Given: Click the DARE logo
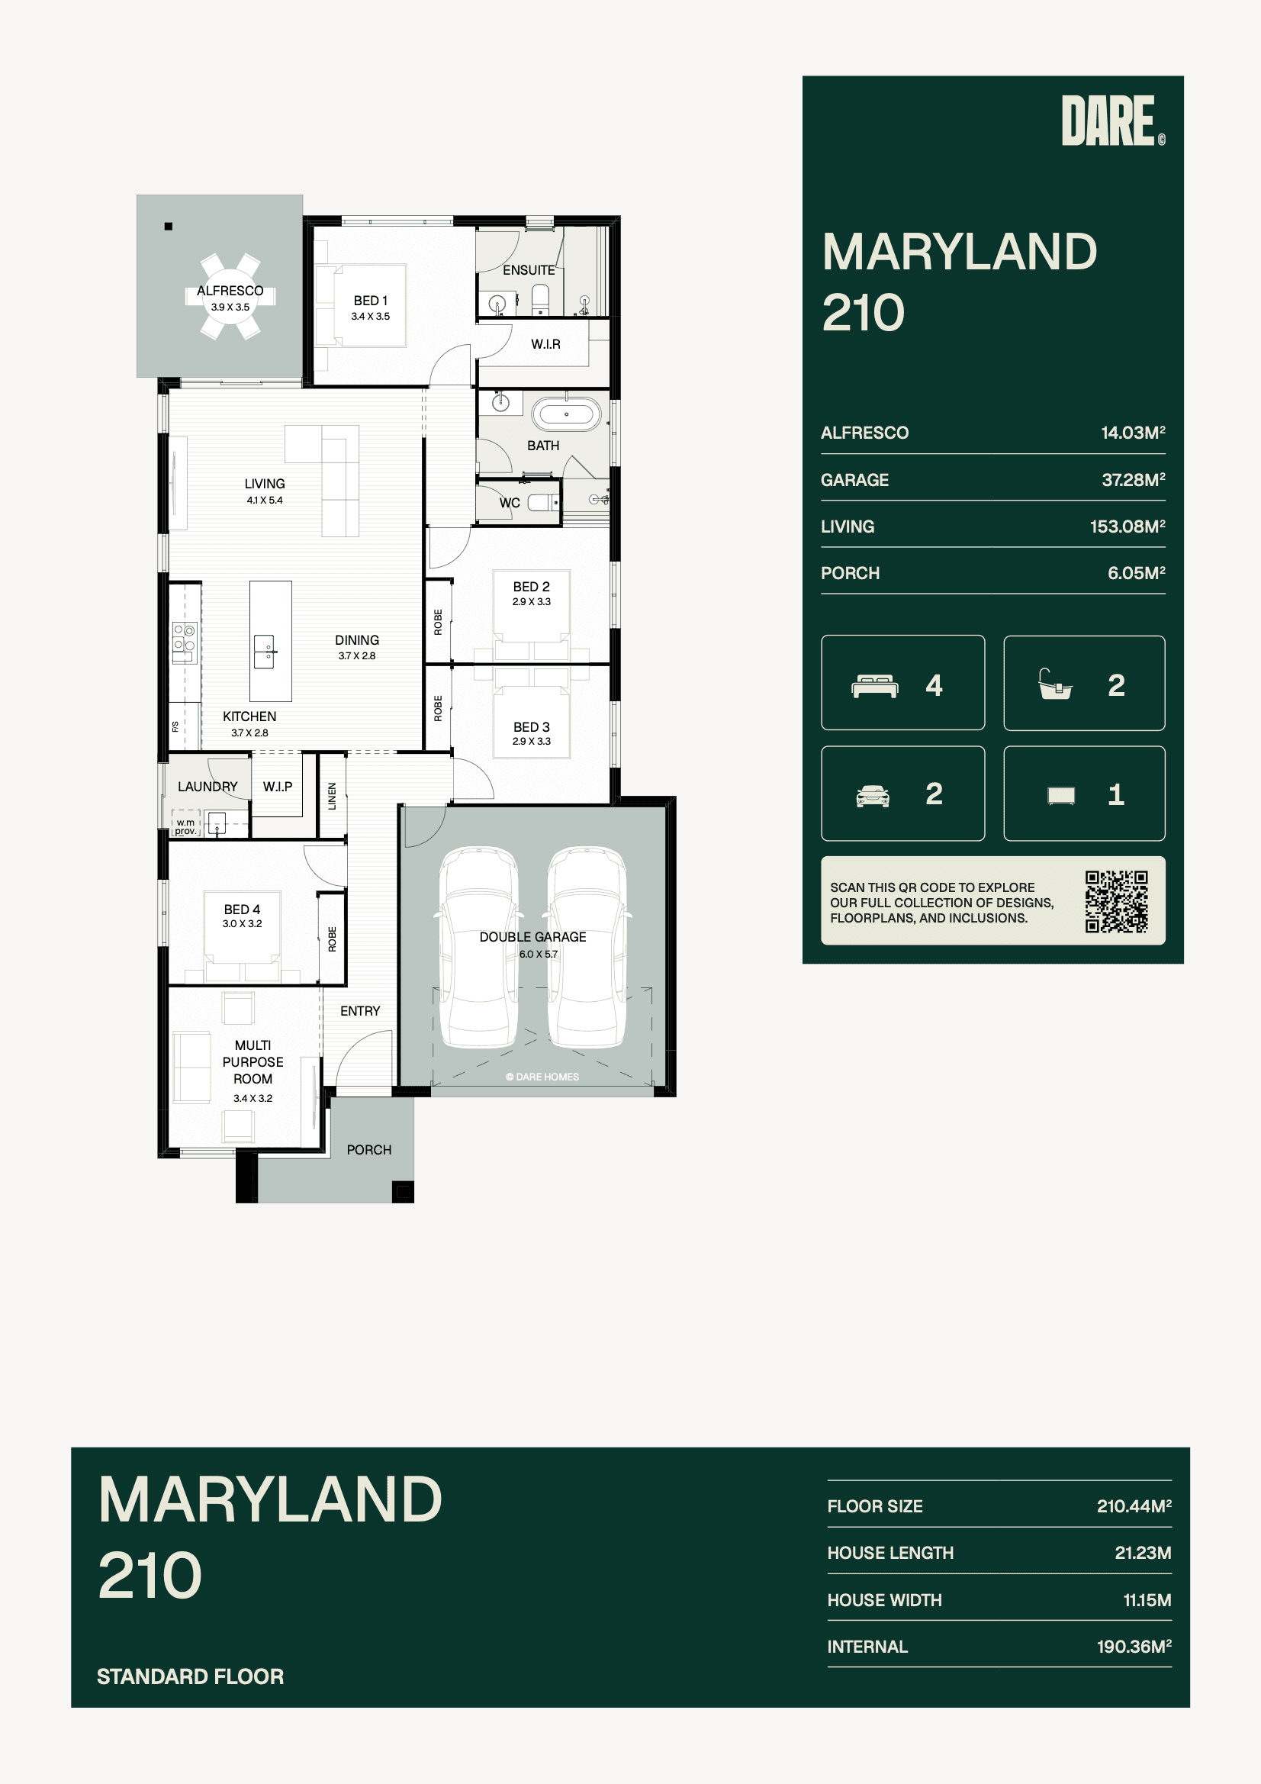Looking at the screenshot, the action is [1112, 121].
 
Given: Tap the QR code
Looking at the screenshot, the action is [1117, 901].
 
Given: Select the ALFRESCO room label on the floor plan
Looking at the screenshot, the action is [230, 291].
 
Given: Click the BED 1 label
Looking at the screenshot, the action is [371, 301].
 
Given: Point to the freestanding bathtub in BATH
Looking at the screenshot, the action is [566, 415].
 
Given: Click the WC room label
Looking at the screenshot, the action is [510, 503].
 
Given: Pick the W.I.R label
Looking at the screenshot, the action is [545, 344].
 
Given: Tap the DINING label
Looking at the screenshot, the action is [358, 640].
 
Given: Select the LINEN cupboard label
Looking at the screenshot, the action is [333, 797].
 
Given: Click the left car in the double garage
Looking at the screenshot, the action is [478, 946].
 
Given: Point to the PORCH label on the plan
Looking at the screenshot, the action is [369, 1149].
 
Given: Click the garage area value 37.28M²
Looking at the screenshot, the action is [1134, 479].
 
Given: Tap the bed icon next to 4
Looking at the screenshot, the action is [876, 686].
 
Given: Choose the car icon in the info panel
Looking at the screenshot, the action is [873, 797].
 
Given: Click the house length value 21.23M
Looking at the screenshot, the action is [1143, 1553].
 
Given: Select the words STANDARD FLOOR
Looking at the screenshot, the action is [191, 1676].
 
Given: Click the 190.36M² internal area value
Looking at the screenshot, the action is [1134, 1646].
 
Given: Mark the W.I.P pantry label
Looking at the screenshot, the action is [278, 787].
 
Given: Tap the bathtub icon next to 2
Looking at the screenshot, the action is [1056, 684].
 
